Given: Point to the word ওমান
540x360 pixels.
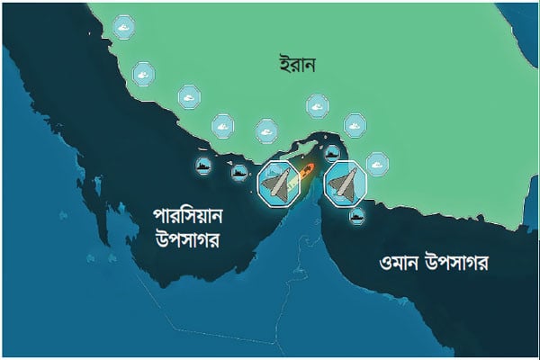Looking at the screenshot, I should coord(391,264).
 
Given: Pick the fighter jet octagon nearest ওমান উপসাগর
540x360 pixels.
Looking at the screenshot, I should coord(345,183).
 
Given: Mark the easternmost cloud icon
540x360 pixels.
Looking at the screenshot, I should coord(376,163).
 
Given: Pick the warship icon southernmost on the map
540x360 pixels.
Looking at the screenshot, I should coord(357,216).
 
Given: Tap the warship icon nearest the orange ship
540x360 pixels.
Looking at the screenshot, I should coord(332,153).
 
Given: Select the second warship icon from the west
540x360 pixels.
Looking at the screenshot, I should coord(238,172).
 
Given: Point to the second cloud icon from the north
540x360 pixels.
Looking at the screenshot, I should coord(142,73).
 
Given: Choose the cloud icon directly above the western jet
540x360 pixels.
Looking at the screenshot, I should coord(267,132).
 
